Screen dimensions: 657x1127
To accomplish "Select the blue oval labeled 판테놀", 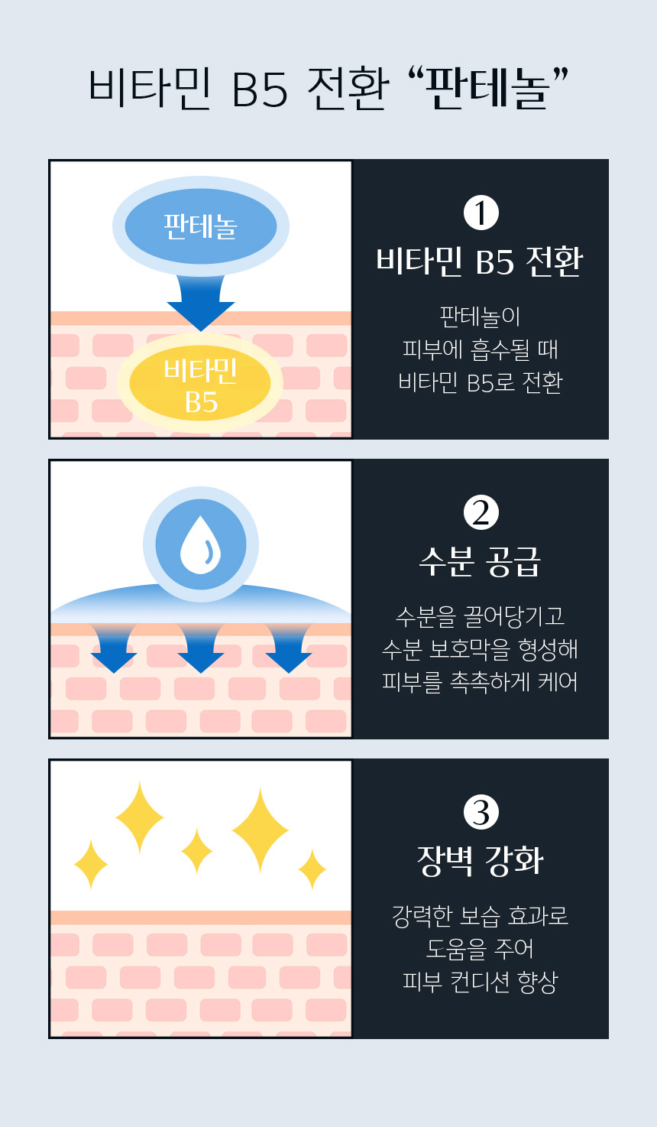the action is (x=200, y=226).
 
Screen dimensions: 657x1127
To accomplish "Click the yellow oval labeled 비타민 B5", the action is (x=200, y=385).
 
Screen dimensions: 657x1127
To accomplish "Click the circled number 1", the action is (x=481, y=213).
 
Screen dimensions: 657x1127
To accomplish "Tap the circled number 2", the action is (x=481, y=512).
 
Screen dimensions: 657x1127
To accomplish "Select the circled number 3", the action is (x=481, y=812).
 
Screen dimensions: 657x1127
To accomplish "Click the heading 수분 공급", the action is (x=480, y=562).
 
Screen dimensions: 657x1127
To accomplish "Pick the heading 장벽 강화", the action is (x=480, y=861).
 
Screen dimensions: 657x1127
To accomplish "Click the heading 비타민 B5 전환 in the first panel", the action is (x=480, y=261).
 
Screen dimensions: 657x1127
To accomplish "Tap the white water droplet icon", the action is (x=200, y=545).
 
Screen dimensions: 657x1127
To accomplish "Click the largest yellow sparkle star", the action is (x=261, y=830).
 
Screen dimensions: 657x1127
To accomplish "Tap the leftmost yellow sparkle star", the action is (x=91, y=864).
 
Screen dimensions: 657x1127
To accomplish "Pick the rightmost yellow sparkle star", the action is (x=312, y=869).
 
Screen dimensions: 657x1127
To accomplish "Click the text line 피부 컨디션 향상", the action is (x=480, y=982).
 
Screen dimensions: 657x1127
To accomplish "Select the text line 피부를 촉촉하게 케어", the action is (x=480, y=682).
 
